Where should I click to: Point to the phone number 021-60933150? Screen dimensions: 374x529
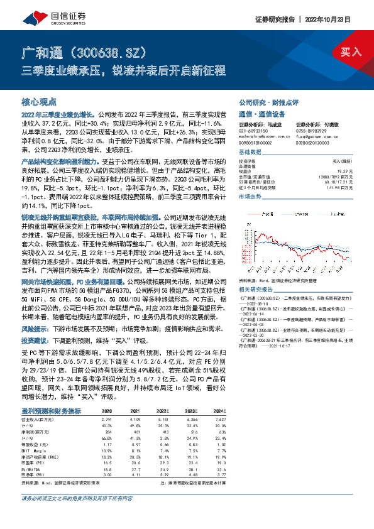[x=254, y=130]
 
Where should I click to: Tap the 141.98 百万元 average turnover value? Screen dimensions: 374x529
[x=349, y=187]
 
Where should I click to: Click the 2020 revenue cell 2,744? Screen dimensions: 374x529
[x=106, y=417]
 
